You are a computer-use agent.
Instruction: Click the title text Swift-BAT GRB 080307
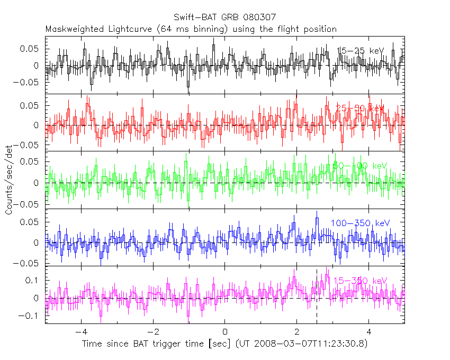coord(224,17)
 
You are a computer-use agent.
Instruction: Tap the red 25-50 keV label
coord(359,108)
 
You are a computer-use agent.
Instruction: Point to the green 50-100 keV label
coord(360,166)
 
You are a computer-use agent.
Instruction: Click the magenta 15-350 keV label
coord(362,281)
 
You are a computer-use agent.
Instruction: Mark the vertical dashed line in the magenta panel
coord(317,296)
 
